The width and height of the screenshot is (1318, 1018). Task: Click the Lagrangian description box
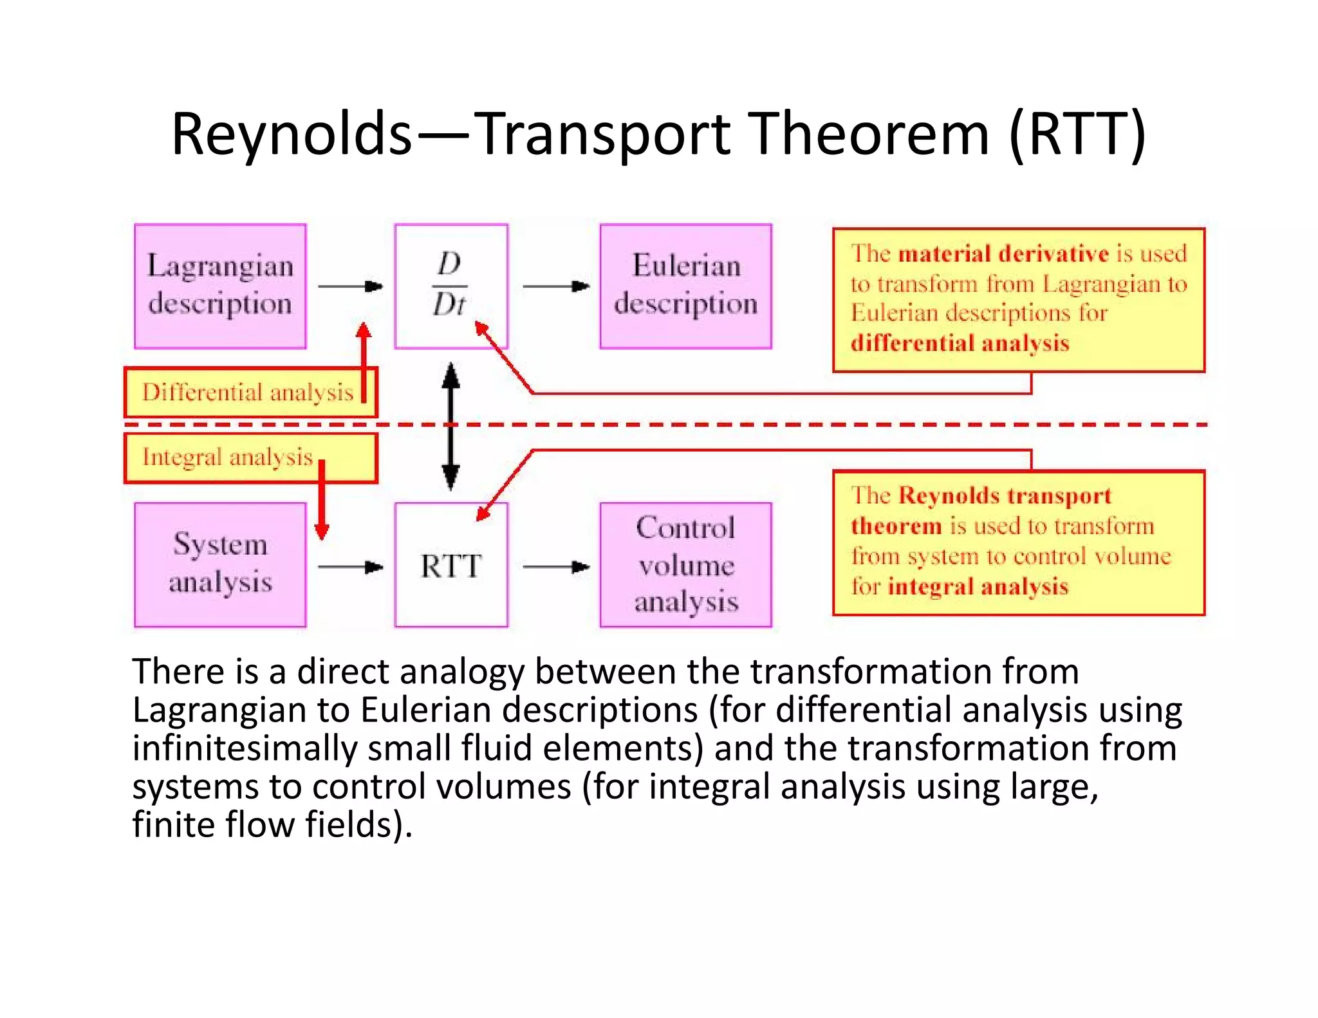tap(220, 286)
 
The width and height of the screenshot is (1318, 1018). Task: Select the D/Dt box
tap(450, 286)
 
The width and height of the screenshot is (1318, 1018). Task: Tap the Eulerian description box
tap(685, 286)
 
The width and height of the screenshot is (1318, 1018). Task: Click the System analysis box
tap(220, 564)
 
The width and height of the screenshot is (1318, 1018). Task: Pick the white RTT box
tap(450, 565)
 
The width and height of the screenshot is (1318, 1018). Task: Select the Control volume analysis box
tap(685, 564)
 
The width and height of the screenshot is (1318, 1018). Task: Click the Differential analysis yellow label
tap(248, 392)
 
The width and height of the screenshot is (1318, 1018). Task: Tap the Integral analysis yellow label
tap(228, 457)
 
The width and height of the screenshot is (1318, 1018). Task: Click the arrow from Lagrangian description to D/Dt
tap(350, 286)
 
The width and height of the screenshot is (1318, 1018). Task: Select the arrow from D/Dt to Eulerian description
tap(555, 286)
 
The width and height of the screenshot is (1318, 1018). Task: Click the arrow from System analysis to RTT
tap(350, 567)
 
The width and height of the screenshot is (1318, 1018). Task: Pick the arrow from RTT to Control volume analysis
tap(555, 567)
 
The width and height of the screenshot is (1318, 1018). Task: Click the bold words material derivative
tap(1003, 254)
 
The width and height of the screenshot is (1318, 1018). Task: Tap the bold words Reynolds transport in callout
tap(1004, 495)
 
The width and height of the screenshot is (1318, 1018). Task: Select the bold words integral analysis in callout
tap(978, 586)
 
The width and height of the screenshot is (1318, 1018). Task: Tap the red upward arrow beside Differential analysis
tap(364, 360)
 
